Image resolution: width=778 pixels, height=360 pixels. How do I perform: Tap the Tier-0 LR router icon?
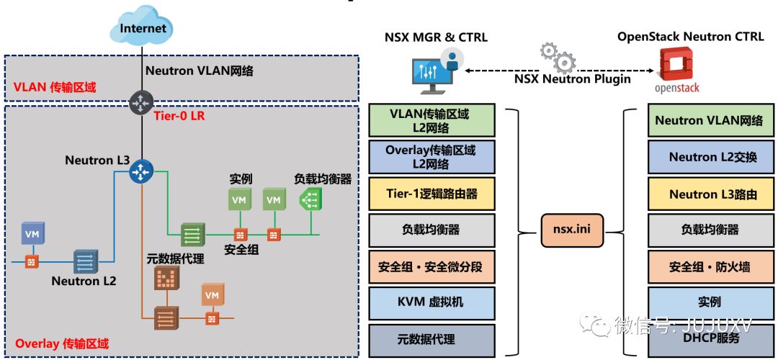(x=142, y=103)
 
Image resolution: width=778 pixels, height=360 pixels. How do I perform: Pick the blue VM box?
(x=32, y=233)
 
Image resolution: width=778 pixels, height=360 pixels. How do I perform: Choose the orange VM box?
(x=213, y=294)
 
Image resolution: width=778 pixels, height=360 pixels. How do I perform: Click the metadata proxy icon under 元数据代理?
(x=166, y=278)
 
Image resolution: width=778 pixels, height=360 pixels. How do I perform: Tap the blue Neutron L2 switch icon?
(x=86, y=261)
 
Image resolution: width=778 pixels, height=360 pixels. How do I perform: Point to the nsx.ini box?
(x=572, y=230)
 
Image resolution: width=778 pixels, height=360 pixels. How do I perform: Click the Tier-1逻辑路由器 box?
(x=432, y=194)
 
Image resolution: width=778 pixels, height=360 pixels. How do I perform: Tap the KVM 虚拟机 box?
(x=432, y=302)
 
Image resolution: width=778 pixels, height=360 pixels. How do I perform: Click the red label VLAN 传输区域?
(x=55, y=87)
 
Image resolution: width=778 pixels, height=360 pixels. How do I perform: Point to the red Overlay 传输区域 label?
(x=61, y=343)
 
